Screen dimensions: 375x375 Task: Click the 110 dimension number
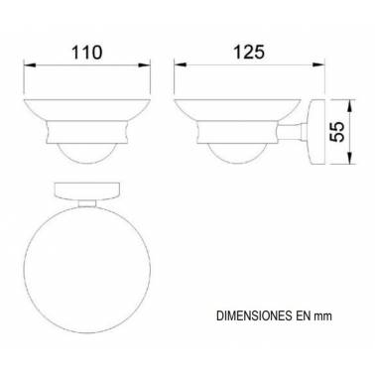coord(87,52)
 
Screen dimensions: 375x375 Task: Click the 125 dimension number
coord(249,52)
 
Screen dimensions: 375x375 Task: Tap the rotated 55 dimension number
coord(337,132)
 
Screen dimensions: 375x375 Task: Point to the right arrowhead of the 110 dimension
coord(145,64)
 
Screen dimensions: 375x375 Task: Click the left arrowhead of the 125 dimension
coord(181,64)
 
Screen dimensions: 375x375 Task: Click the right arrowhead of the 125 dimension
coord(318,64)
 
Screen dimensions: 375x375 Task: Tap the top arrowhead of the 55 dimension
coord(349,105)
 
